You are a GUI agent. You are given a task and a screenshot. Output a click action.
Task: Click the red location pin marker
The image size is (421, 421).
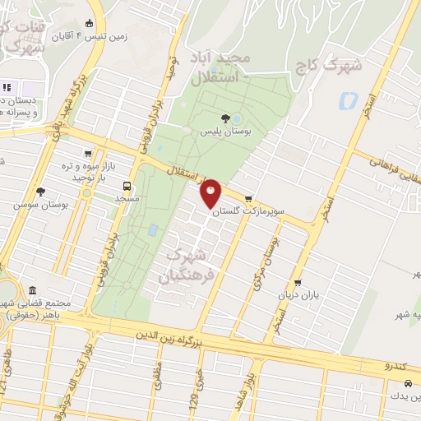coord(211,193)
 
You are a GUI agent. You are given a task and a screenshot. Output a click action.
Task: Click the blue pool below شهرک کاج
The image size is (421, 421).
coord(346,102)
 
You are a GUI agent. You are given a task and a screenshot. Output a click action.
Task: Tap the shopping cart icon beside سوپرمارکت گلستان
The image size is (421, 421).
coord(248,197)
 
